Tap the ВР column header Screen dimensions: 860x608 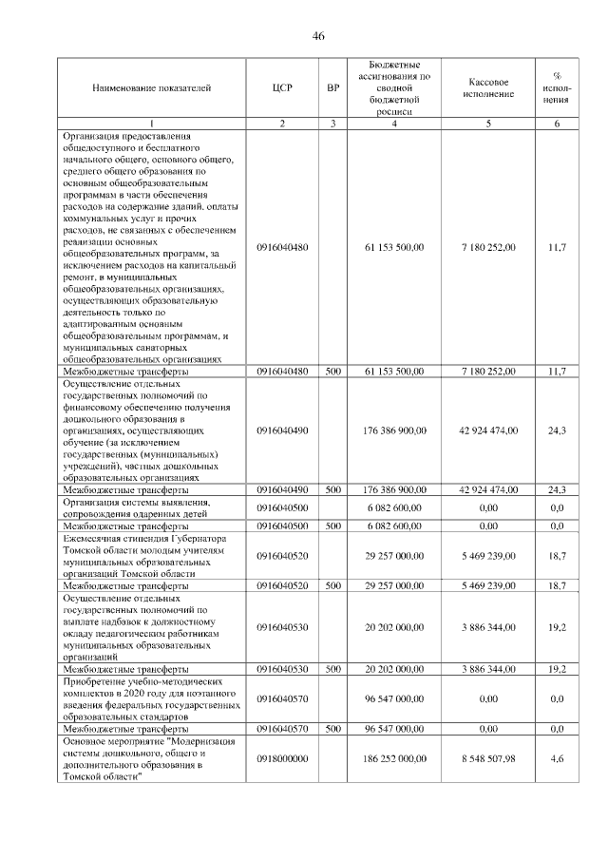point(332,87)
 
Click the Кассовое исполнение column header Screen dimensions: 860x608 point(488,87)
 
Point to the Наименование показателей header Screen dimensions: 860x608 point(151,87)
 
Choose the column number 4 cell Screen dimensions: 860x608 point(394,124)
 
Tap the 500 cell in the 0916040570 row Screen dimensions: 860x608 point(332,728)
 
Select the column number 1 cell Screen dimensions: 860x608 point(151,124)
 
